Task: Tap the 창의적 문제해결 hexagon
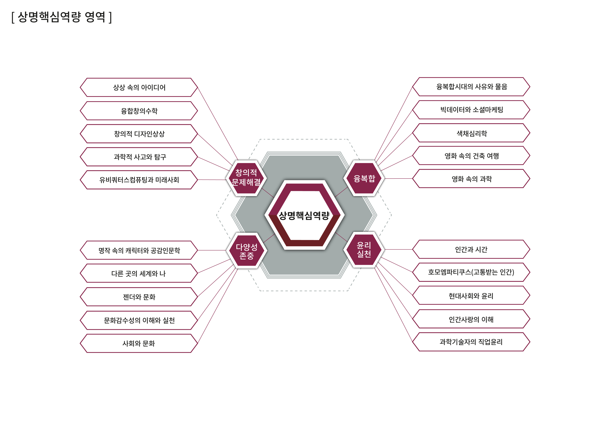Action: (246, 178)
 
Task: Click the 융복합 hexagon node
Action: (364, 179)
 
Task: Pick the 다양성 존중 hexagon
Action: (246, 251)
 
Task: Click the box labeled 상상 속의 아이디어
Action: (139, 87)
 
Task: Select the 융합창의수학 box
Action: (139, 111)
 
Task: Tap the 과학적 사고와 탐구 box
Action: (139, 157)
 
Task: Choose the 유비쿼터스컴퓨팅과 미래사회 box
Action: (139, 180)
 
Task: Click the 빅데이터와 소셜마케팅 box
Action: (471, 110)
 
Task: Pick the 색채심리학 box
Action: (471, 133)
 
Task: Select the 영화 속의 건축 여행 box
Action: (471, 156)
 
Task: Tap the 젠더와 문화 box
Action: (139, 297)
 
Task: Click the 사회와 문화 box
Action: (139, 343)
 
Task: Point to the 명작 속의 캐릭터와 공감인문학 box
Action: (139, 250)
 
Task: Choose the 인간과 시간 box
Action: (471, 249)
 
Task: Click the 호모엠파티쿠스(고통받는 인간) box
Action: (471, 272)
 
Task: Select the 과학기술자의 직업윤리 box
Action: (471, 342)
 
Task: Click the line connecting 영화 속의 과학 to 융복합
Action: (398, 179)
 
